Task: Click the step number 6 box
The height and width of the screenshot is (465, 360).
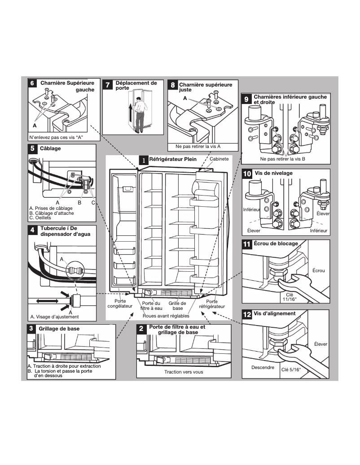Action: [32, 84]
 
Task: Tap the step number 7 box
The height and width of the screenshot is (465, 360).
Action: [108, 85]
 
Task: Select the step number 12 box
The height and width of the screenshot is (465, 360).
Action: [247, 315]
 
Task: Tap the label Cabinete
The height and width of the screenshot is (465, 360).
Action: [219, 159]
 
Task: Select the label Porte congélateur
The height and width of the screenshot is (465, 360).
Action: [120, 304]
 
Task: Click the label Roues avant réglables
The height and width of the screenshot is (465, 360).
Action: [166, 316]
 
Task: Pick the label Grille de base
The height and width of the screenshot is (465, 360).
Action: [177, 306]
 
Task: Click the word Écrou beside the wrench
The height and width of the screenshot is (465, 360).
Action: [318, 270]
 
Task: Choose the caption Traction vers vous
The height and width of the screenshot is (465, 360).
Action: [183, 372]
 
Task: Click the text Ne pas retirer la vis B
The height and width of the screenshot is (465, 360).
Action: [282, 159]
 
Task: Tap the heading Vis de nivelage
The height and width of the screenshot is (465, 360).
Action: [273, 173]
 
